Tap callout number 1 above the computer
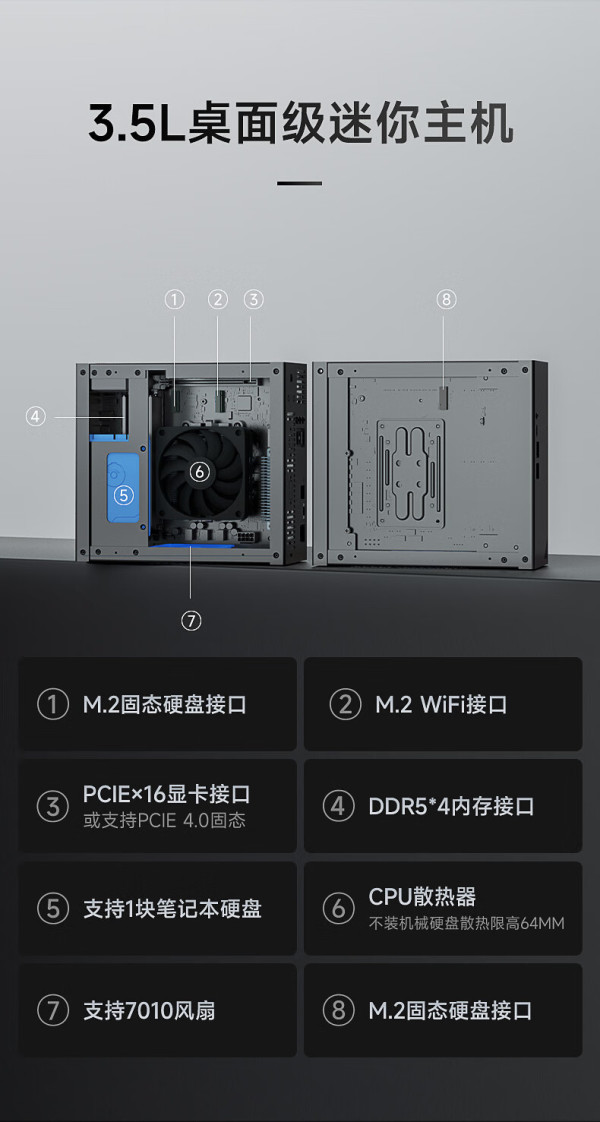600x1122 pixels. pos(174,299)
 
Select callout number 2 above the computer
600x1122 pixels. pos(218,299)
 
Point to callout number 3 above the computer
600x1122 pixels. pos(253,299)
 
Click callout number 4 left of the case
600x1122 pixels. pos(36,416)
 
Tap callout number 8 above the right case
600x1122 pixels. pos(446,299)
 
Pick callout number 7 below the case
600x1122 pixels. pos(191,620)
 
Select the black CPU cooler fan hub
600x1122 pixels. pos(200,472)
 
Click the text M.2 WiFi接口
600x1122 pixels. pos(441,704)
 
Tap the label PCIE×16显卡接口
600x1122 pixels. pos(167,794)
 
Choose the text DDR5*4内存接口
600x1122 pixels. pos(451,806)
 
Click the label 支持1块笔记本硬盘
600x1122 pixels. pos(172,909)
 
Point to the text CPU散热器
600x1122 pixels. pos(422,897)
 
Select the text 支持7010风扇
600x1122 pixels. pos(149,1010)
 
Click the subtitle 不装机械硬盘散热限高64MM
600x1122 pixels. pos(466,923)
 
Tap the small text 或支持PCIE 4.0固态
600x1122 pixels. pos(164,820)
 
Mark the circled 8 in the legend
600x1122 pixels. pos(338,1010)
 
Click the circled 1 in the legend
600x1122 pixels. pos(52,704)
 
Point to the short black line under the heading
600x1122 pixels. pos(300,184)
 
